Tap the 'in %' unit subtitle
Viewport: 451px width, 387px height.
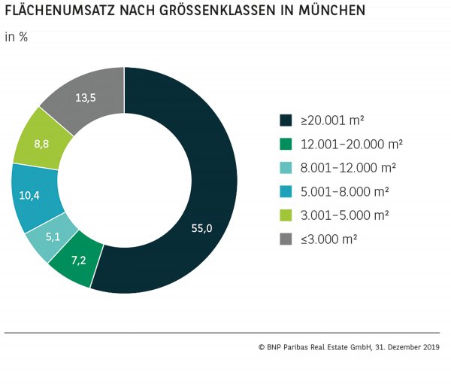17,36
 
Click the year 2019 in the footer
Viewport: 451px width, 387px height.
431,348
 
